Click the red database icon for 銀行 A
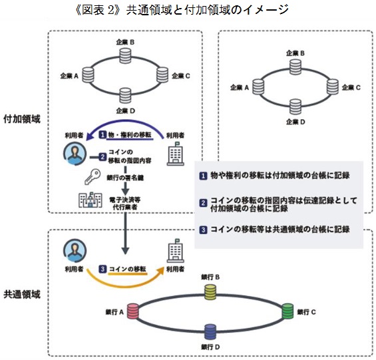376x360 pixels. [133, 311]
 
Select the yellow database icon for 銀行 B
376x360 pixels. [210, 292]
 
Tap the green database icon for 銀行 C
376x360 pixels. [287, 311]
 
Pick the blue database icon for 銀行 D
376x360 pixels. [210, 331]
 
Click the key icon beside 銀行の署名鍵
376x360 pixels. [93, 176]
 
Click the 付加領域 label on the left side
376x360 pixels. [22, 119]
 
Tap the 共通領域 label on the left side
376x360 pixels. [22, 294]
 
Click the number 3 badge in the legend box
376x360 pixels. [203, 230]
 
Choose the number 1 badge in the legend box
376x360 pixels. [203, 176]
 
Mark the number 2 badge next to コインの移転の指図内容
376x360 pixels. [102, 157]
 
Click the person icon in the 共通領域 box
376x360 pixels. [75, 251]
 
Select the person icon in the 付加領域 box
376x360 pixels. [75, 154]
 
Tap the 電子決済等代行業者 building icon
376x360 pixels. [91, 200]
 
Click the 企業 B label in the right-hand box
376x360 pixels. [295, 53]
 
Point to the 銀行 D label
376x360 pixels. [210, 347]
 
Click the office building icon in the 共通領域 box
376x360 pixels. [176, 251]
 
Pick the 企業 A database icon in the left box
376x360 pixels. [88, 75]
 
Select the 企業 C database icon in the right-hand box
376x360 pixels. [333, 87]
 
